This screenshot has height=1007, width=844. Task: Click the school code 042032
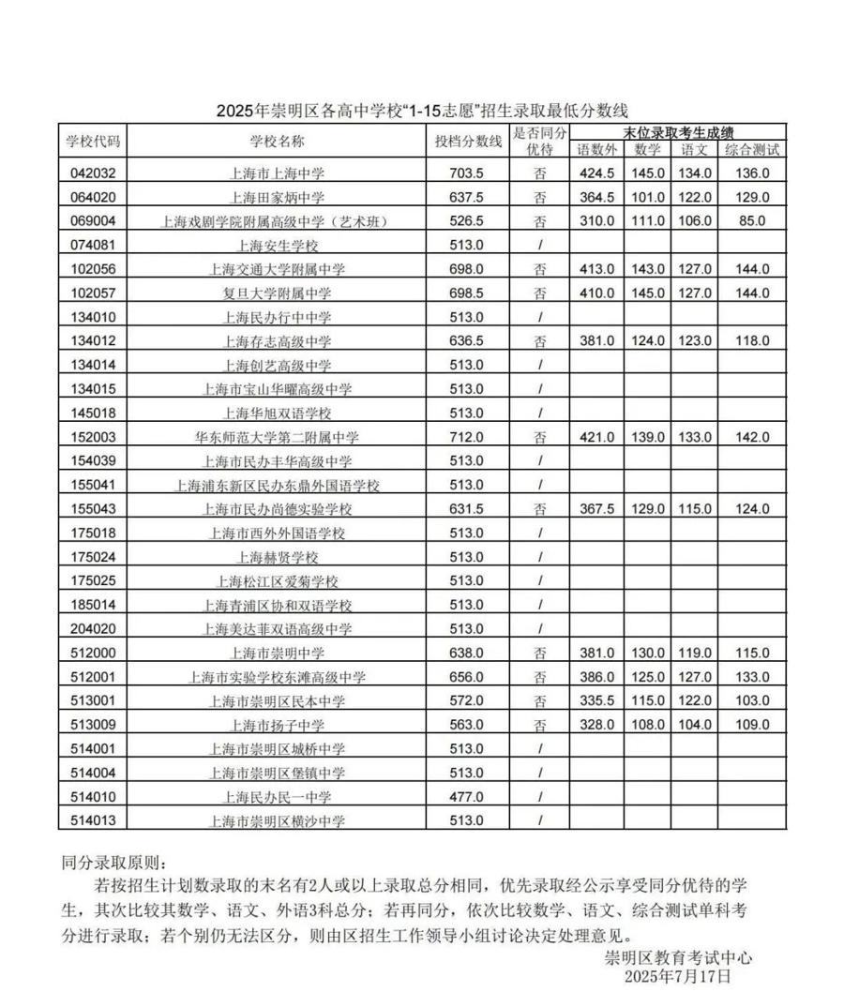click(92, 173)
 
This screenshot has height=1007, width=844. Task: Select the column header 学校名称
click(277, 141)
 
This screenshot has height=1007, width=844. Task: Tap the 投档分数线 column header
click(468, 141)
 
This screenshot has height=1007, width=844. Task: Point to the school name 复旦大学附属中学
click(277, 293)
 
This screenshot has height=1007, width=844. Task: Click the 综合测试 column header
click(751, 149)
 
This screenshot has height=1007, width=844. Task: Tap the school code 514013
click(92, 821)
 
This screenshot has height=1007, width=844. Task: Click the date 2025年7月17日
click(678, 976)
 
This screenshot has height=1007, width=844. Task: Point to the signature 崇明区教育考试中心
click(678, 958)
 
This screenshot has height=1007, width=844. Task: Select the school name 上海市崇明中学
click(277, 654)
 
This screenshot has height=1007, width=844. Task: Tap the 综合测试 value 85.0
click(751, 221)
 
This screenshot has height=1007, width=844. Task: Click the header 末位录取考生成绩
click(677, 132)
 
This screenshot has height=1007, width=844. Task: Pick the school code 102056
click(92, 269)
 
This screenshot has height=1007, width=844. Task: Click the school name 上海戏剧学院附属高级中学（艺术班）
click(277, 221)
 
